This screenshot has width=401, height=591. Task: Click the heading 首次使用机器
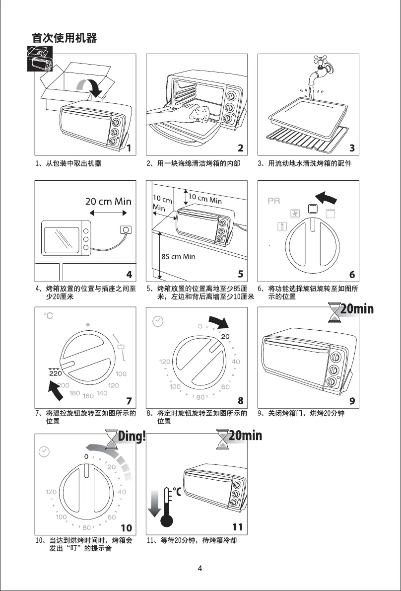tap(64, 38)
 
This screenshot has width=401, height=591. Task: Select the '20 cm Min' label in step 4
tap(108, 201)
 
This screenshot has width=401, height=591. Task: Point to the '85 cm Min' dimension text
tap(179, 256)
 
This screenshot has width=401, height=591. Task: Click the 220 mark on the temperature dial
tap(55, 373)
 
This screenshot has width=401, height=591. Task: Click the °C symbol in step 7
tap(48, 316)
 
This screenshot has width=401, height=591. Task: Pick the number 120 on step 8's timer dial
tap(165, 362)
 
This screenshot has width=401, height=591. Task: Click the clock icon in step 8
tap(157, 322)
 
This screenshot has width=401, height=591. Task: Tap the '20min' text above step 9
tap(356, 309)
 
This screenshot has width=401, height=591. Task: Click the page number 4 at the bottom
tap(200, 569)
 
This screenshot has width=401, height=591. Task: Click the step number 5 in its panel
tap(240, 274)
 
